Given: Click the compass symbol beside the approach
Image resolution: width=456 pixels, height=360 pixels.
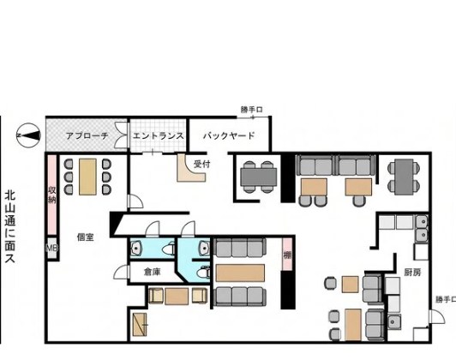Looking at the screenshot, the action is [x=28, y=135].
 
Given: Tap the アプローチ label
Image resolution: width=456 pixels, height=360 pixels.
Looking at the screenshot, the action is [x=87, y=135].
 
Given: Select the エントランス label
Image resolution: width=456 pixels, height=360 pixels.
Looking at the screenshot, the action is [x=159, y=135].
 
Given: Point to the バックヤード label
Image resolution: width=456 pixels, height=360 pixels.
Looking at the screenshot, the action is [x=229, y=135].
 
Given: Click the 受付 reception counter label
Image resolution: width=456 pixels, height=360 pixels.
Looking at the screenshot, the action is [x=201, y=164].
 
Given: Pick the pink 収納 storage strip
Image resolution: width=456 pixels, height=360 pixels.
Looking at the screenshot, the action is [x=51, y=195].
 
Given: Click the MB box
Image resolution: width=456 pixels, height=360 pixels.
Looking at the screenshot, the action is [x=51, y=248].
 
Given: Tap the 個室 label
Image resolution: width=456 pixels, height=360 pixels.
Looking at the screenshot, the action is [x=85, y=237].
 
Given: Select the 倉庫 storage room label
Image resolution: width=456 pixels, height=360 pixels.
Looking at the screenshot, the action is [x=153, y=272].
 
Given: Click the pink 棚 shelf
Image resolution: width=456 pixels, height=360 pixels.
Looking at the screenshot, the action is [x=287, y=255].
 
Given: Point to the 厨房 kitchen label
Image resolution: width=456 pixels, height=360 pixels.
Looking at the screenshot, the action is [x=412, y=273].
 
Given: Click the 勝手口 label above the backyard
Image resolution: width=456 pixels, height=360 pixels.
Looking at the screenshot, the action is [x=251, y=110].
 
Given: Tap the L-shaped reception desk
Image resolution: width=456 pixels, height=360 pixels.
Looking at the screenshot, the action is [x=190, y=170].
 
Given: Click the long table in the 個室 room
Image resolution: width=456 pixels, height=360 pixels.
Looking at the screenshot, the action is [x=87, y=177].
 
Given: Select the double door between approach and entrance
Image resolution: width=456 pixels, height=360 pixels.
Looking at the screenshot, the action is [x=120, y=135].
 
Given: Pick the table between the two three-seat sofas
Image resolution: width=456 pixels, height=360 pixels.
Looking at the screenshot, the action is [x=240, y=273].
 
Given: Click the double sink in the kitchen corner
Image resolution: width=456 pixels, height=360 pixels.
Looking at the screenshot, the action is [x=422, y=228].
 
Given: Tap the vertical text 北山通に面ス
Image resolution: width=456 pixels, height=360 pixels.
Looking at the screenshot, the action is [x=10, y=226].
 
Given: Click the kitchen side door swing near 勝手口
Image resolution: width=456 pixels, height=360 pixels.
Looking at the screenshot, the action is [x=437, y=317].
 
